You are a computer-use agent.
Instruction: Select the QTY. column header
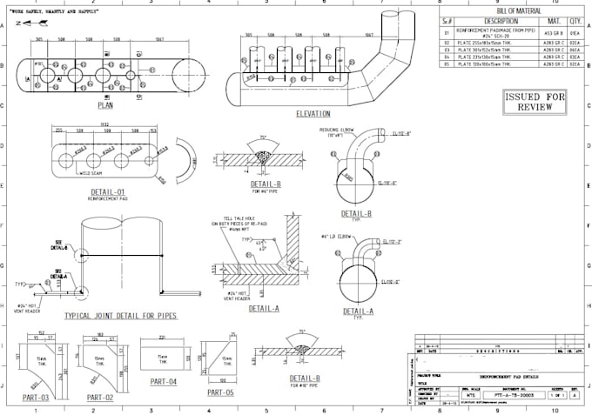click(575, 20)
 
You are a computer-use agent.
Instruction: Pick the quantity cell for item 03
click(575, 50)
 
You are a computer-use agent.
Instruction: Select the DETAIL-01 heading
click(108, 191)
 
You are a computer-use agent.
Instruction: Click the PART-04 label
click(163, 382)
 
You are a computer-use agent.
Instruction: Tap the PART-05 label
click(220, 392)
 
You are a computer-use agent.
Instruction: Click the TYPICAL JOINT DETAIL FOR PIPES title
click(121, 316)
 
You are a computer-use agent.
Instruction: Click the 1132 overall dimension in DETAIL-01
click(102, 124)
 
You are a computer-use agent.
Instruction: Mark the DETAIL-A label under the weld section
click(264, 308)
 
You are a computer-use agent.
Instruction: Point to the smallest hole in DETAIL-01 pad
click(149, 160)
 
